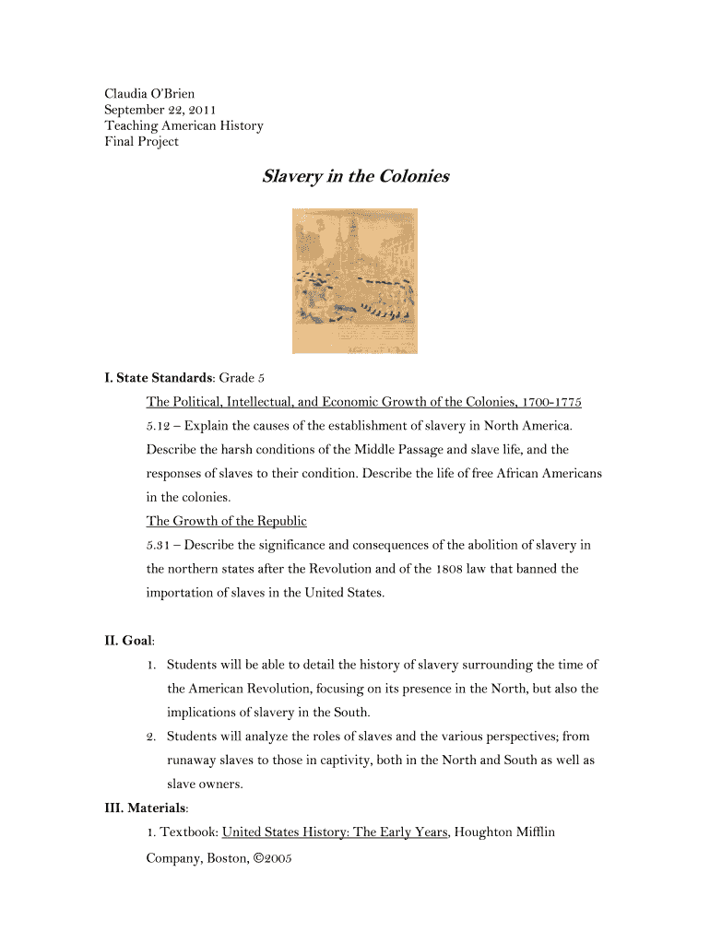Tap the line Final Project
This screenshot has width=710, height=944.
tap(141, 141)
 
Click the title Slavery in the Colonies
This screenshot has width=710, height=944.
tap(355, 175)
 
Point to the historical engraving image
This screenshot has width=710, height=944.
tap(355, 280)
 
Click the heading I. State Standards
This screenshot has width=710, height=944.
tap(158, 378)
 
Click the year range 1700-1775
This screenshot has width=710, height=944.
tap(551, 402)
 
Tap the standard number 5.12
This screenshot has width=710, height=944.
tap(159, 426)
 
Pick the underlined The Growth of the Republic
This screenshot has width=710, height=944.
tap(226, 521)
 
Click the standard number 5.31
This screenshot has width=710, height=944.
tap(159, 545)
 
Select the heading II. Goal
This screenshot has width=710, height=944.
tap(128, 641)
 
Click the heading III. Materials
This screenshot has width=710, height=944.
tap(145, 808)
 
